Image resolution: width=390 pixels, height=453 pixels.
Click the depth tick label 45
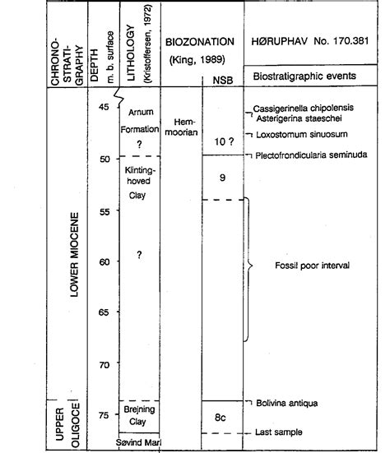[x=103, y=109]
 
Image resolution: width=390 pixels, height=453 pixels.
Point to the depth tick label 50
[x=103, y=159]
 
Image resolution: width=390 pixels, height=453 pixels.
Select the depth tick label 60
[x=103, y=262]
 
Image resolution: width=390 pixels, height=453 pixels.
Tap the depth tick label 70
[x=103, y=364]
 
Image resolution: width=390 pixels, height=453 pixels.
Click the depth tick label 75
[x=103, y=416]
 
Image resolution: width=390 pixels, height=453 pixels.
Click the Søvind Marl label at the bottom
[x=141, y=444]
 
